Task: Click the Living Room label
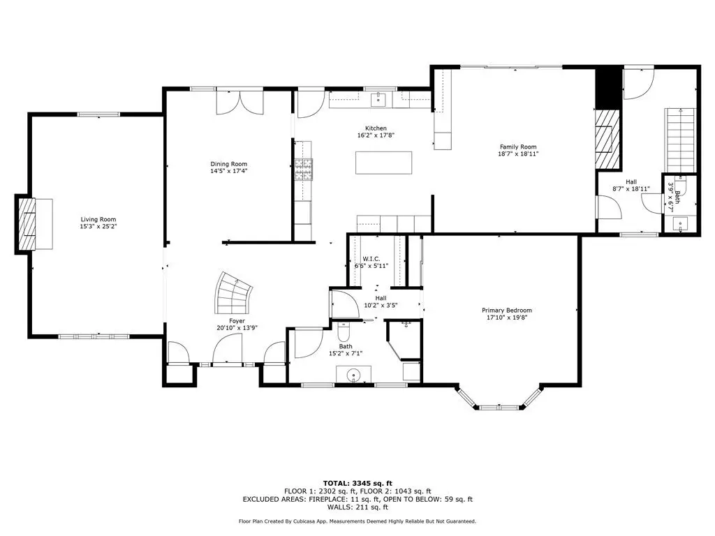[98, 219]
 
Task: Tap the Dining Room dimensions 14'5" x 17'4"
[228, 172]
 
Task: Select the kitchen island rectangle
[383, 163]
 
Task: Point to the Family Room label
[518, 147]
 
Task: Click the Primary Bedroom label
[507, 311]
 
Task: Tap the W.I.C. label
[371, 259]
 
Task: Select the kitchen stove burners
[304, 170]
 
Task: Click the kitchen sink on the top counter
[378, 99]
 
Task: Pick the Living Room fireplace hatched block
[27, 224]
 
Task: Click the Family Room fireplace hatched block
[607, 139]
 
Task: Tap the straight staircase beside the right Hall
[680, 140]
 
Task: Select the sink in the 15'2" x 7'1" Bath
[353, 375]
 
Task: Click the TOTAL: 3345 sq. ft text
[357, 483]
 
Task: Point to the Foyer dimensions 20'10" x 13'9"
[237, 328]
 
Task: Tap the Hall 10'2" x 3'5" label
[381, 301]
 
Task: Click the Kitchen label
[376, 128]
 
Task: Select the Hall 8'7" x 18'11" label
[631, 185]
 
